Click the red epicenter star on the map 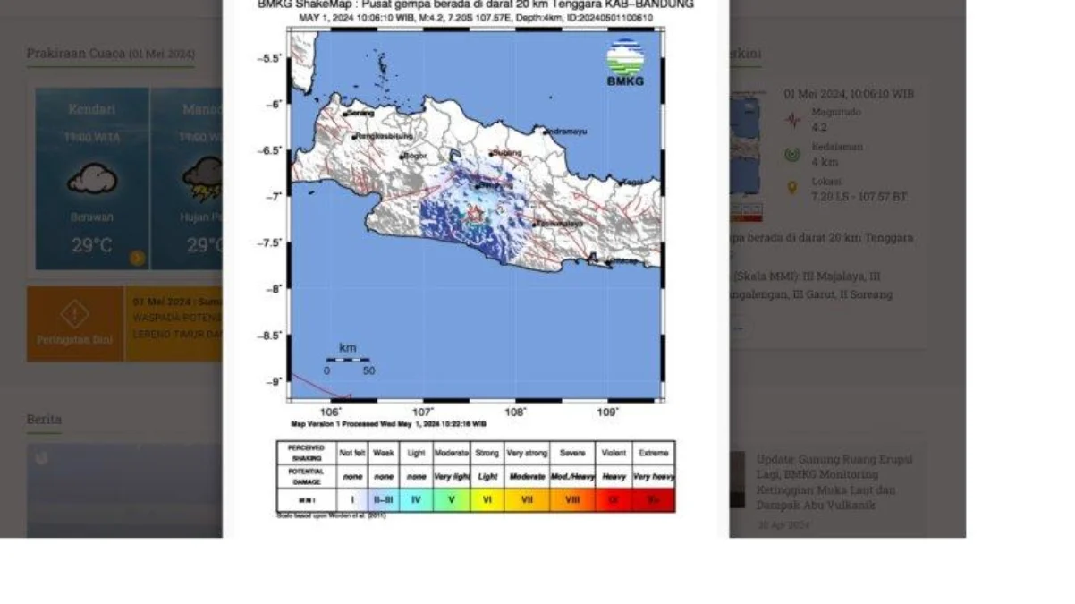[474, 214]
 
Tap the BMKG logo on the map [625, 63]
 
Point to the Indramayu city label [567, 132]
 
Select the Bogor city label [416, 156]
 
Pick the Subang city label [507, 152]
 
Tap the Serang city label [360, 113]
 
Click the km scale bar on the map [348, 360]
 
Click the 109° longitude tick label [607, 412]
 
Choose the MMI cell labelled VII [527, 500]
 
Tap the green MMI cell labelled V [452, 500]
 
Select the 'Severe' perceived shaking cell [572, 453]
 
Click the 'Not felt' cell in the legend [352, 453]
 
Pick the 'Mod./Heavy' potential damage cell [572, 477]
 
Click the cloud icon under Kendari [92, 180]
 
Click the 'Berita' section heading [44, 419]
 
